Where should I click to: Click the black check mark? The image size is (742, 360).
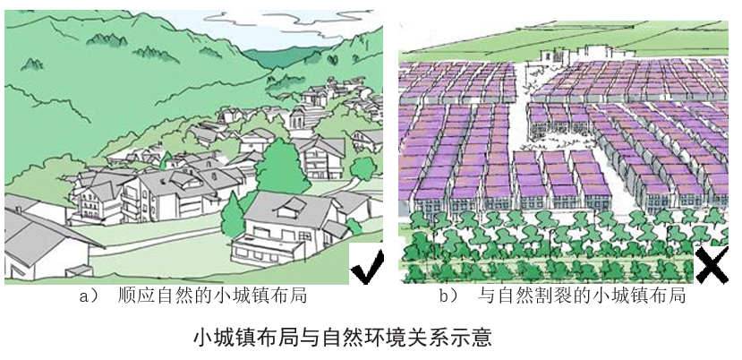366,266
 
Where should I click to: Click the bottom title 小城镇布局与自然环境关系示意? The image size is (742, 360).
343,339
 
